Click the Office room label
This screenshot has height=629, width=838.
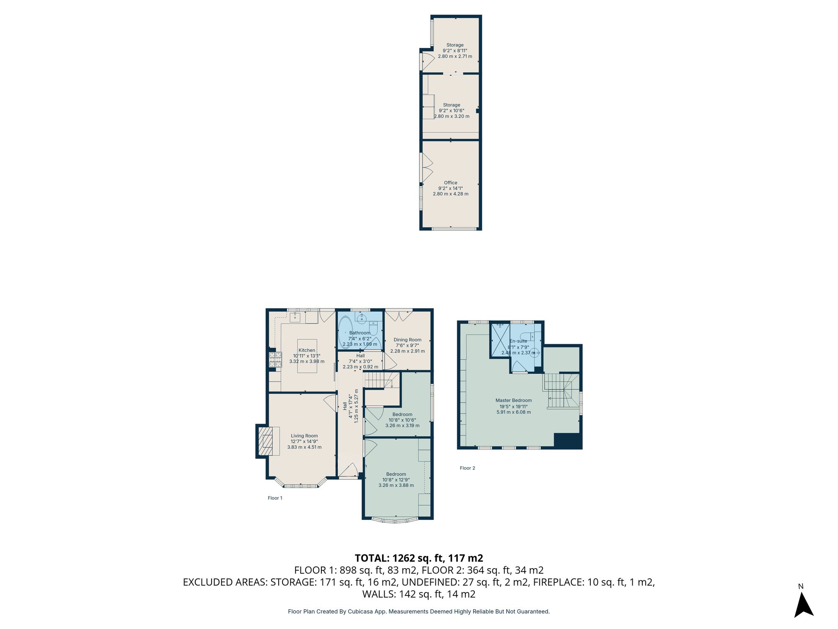pyautogui.click(x=450, y=183)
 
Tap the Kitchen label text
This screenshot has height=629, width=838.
pyautogui.click(x=307, y=350)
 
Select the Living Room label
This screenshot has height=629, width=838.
pyautogui.click(x=304, y=436)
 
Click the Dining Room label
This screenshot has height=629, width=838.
pyautogui.click(x=407, y=340)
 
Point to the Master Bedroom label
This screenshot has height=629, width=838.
pyautogui.click(x=513, y=400)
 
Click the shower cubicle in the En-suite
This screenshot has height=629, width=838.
pyautogui.click(x=500, y=339)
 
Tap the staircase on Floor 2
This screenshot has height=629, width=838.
pyautogui.click(x=561, y=391)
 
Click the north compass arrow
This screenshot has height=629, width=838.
pyautogui.click(x=803, y=606)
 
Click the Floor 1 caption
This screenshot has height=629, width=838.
pyautogui.click(x=275, y=498)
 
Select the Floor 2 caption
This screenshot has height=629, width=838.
pyautogui.click(x=467, y=468)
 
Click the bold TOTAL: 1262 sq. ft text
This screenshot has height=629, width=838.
pyautogui.click(x=419, y=558)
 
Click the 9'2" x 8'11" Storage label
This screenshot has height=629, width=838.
pyautogui.click(x=455, y=50)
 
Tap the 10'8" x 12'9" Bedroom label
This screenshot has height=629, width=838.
pyautogui.click(x=396, y=480)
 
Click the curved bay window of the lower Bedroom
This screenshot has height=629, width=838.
pyautogui.click(x=395, y=520)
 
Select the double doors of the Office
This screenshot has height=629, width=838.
pyautogui.click(x=427, y=168)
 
